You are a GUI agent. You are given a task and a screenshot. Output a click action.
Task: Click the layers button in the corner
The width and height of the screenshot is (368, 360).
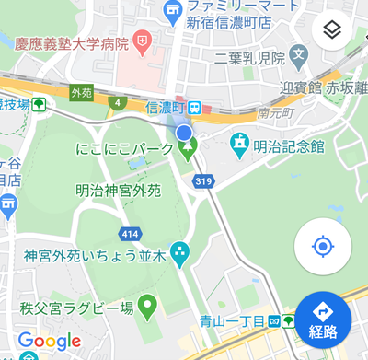click(x=333, y=30)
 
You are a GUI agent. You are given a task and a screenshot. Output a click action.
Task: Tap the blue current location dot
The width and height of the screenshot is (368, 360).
click(x=185, y=134)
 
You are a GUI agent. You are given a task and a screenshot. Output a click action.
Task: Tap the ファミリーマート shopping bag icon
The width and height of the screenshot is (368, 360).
click(x=172, y=9)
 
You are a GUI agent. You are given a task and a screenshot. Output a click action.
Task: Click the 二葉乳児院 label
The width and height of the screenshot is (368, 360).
click(x=248, y=56)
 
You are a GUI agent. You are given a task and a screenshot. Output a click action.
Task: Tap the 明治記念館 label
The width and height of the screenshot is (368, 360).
click(x=291, y=145)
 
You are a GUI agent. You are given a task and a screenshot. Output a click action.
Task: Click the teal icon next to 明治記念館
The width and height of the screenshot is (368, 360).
click(x=241, y=143)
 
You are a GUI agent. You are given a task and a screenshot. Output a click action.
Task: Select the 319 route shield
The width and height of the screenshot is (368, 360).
click(x=204, y=181)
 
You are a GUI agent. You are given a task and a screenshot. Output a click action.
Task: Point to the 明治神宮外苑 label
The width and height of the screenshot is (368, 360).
click(x=118, y=191)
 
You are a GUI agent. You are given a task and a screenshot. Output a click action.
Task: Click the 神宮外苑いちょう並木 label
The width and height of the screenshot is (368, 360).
click(x=95, y=253)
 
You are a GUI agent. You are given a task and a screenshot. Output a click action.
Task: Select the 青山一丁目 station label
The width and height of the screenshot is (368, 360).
click(x=233, y=321)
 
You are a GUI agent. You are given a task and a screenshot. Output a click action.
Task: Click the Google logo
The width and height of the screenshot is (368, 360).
click(x=50, y=341)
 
